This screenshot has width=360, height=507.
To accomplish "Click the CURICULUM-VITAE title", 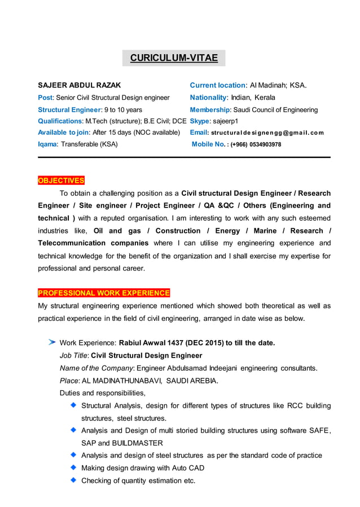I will coord(174,58).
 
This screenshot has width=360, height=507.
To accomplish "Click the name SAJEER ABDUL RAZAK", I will coord(79,86).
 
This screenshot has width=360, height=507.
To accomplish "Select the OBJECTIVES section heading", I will coord(61,180).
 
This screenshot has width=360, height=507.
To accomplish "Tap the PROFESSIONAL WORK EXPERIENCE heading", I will coord(104,293).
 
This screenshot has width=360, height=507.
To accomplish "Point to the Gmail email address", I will coord(267,133).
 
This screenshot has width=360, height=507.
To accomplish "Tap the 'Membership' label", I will coord(209,109).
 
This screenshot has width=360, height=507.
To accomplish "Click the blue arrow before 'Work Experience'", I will coord(52,342).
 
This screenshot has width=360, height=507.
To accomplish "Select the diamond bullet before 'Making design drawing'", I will coord(73,468).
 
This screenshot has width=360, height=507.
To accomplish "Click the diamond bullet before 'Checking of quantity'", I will coord(73,480).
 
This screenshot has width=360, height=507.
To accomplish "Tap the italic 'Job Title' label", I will coord(73,356).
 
